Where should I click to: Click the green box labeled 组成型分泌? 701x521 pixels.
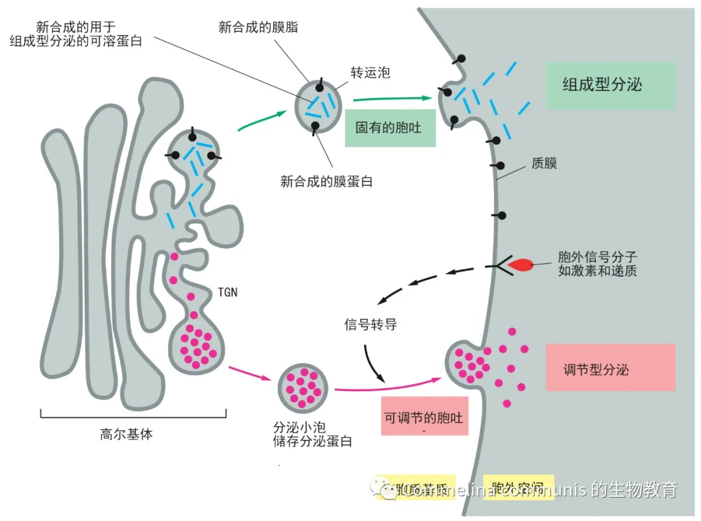tap(610, 85)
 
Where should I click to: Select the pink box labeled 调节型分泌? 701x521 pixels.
tap(610, 368)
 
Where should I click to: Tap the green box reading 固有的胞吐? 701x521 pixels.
tap(389, 127)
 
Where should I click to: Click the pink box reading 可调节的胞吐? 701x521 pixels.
tap(424, 416)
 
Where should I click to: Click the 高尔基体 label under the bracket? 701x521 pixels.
tap(127, 435)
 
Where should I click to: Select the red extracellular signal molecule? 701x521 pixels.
tap(521, 265)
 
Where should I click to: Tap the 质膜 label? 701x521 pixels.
tap(544, 163)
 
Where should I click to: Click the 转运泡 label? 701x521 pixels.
tap(370, 73)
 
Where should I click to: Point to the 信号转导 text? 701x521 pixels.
tap(370, 324)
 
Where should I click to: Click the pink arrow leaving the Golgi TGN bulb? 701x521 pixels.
tap(249, 374)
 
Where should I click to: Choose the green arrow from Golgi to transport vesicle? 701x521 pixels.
tap(262, 121)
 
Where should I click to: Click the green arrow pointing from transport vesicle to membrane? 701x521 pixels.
tap(392, 99)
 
